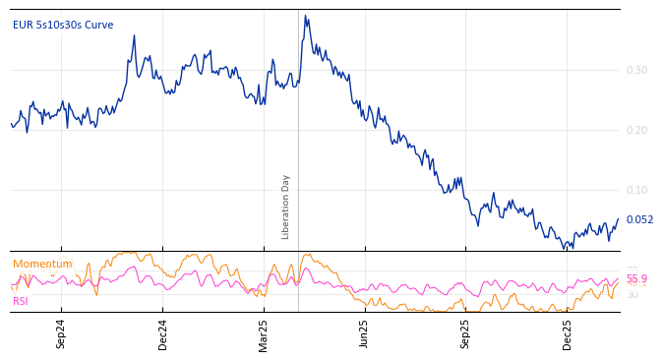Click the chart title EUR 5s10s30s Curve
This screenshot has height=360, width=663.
pyautogui.click(x=63, y=25)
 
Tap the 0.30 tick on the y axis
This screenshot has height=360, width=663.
pyautogui.click(x=636, y=70)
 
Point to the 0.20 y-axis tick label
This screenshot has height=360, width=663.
pyautogui.click(x=636, y=130)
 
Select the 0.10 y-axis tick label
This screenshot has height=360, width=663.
pyautogui.click(x=636, y=190)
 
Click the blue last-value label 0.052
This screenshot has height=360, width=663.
pyautogui.click(x=639, y=220)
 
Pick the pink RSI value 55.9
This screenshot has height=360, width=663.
pyautogui.click(x=636, y=279)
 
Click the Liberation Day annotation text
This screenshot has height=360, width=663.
pyautogui.click(x=286, y=207)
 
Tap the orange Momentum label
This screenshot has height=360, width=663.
pyautogui.click(x=42, y=264)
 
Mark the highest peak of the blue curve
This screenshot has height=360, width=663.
pyautogui.click(x=305, y=16)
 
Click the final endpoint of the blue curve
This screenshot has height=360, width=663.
pyautogui.click(x=619, y=219)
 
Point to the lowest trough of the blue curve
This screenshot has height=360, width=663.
pyautogui.click(x=565, y=249)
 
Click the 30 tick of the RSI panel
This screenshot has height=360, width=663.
pyautogui.click(x=632, y=294)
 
